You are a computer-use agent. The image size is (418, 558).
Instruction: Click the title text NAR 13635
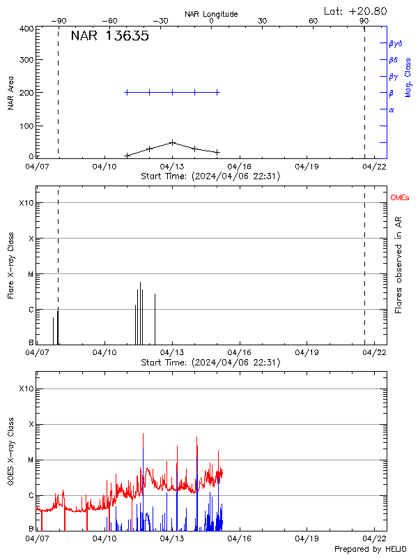[x=110, y=37]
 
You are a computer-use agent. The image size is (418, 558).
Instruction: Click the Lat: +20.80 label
[x=356, y=10]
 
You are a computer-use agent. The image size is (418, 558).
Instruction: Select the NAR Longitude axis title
[x=211, y=14]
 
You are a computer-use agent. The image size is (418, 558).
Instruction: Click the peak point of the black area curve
[x=172, y=142]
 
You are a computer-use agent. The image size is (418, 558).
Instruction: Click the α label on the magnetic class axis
[x=392, y=110]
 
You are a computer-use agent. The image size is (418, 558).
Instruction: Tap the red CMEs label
[x=401, y=199]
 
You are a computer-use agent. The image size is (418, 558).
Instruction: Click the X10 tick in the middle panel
[x=26, y=203]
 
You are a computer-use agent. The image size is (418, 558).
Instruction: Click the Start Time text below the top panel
[x=210, y=176]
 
